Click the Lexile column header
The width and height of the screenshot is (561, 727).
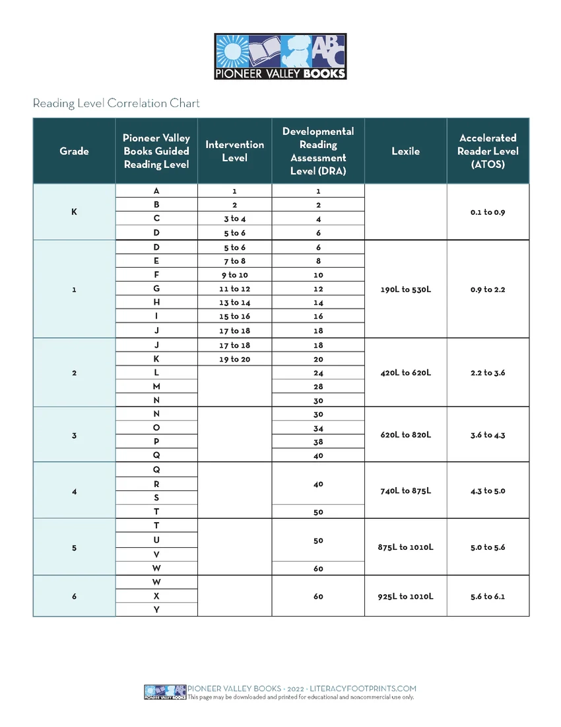pyautogui.click(x=405, y=151)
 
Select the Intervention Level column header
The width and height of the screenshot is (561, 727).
pyautogui.click(x=234, y=151)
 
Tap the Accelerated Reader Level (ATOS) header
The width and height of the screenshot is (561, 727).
pyautogui.click(x=488, y=151)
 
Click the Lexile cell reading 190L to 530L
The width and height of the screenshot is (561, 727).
pyautogui.click(x=405, y=289)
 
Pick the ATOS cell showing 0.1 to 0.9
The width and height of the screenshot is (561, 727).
pyautogui.click(x=488, y=212)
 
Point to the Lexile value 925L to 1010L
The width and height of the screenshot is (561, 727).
pyautogui.click(x=405, y=596)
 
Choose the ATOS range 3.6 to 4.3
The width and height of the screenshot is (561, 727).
pyautogui.click(x=488, y=435)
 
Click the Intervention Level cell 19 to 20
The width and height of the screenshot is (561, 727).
pyautogui.click(x=234, y=360)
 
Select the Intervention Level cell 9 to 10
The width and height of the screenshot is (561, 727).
pyautogui.click(x=234, y=275)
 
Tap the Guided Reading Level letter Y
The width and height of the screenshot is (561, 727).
pyautogui.click(x=156, y=610)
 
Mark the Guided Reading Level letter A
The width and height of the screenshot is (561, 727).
pyautogui.click(x=156, y=191)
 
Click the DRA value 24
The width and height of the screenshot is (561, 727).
pyautogui.click(x=318, y=373)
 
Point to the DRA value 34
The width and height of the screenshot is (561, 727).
pyautogui.click(x=318, y=428)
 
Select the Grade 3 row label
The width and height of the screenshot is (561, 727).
pyautogui.click(x=74, y=435)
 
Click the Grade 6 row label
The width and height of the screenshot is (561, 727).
pyautogui.click(x=74, y=596)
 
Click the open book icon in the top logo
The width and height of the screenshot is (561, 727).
pyautogui.click(x=265, y=51)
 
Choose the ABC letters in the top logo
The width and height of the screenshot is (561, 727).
pyautogui.click(x=326, y=51)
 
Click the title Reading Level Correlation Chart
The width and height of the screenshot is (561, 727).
pyautogui.click(x=116, y=103)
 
